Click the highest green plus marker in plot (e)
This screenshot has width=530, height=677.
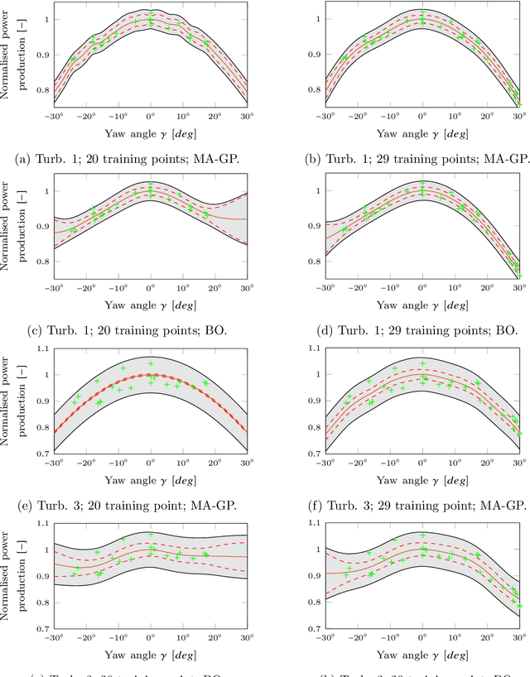point(151,363)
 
